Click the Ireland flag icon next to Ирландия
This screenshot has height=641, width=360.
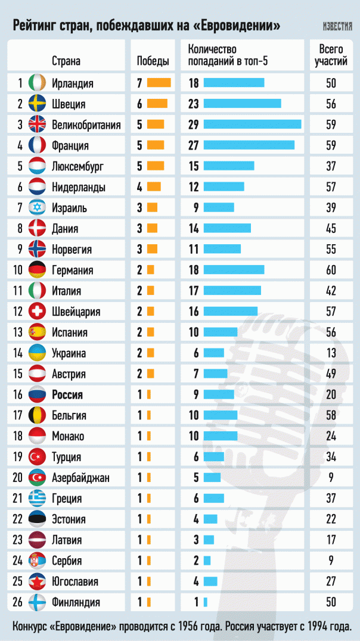pyautogui.click(x=37, y=83)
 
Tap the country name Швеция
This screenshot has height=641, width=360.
pyautogui.click(x=69, y=104)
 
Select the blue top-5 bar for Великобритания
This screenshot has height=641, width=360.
pyautogui.click(x=252, y=125)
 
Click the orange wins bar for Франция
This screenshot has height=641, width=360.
pyautogui.click(x=156, y=145)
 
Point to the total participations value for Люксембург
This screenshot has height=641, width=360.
pyautogui.click(x=331, y=166)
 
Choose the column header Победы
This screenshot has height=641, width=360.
pyautogui.click(x=153, y=61)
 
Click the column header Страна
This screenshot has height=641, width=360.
pyautogui.click(x=66, y=61)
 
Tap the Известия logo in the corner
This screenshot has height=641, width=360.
pyautogui.click(x=337, y=27)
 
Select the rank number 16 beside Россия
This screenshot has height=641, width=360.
pyautogui.click(x=18, y=394)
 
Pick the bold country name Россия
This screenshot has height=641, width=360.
pyautogui.click(x=68, y=394)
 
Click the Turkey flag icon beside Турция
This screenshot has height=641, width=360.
pyautogui.click(x=37, y=457)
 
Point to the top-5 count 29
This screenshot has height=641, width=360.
pyautogui.click(x=193, y=125)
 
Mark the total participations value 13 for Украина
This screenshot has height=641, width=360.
pyautogui.click(x=331, y=353)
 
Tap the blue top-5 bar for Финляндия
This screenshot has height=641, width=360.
pyautogui.click(x=205, y=602)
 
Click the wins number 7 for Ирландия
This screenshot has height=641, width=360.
pyautogui.click(x=139, y=83)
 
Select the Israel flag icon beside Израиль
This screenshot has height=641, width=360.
pyautogui.click(x=37, y=208)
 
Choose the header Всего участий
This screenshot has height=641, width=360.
pyautogui.click(x=331, y=55)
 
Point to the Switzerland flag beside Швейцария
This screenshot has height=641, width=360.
pyautogui.click(x=37, y=312)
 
